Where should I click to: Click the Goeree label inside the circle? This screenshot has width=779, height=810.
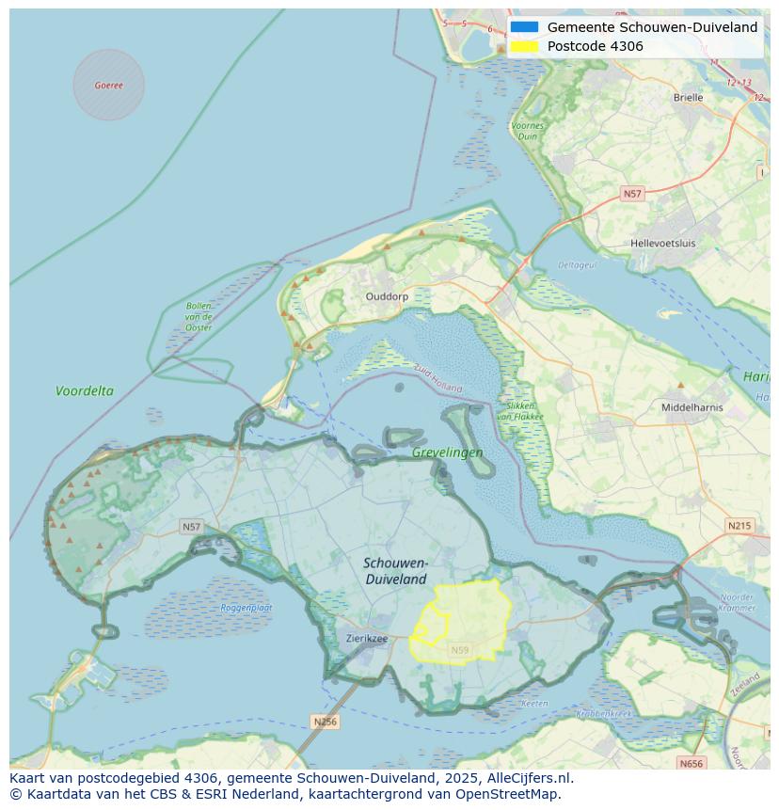point(108,85)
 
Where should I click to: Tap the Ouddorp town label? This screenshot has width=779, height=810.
point(387,295)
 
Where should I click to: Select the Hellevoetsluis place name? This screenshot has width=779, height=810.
point(662,243)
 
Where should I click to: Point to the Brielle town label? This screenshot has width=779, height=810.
point(688,97)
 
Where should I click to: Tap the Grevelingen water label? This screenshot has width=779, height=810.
point(447,453)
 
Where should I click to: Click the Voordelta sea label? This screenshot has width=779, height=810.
point(84,390)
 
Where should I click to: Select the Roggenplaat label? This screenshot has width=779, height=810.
point(246,608)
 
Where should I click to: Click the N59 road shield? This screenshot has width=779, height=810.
point(459,650)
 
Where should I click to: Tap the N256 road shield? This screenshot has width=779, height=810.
point(324,722)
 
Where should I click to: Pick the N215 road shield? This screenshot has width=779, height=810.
point(739,525)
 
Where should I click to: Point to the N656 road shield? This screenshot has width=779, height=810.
point(691,763)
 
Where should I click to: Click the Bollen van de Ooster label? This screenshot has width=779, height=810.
point(199,316)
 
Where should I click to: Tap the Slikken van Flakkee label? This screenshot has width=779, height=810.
point(516,411)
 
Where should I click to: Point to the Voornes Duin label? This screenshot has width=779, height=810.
point(527,131)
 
